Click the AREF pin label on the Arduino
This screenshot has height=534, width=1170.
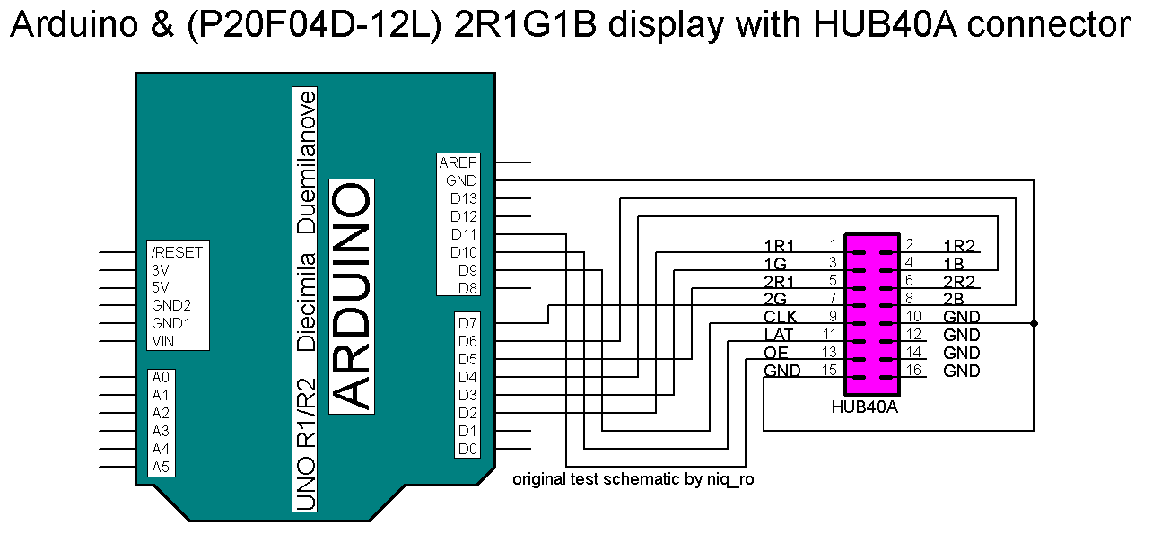458,162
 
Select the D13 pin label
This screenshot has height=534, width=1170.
463,198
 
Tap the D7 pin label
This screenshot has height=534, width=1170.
467,323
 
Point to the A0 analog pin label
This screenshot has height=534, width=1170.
161,377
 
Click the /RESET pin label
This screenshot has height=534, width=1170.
177,252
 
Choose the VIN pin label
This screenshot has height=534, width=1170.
162,341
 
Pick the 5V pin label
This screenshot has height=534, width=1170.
161,287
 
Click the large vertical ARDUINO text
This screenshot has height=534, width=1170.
352,296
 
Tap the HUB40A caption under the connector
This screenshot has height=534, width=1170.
864,407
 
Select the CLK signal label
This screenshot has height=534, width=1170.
781,317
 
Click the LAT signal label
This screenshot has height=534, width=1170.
778,335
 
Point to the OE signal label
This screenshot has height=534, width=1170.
775,353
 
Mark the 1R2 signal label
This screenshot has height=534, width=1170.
959,246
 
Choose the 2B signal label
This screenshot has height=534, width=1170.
953,299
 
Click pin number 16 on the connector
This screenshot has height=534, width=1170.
913,370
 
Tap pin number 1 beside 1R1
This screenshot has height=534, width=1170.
834,244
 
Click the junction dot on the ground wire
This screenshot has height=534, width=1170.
1034,323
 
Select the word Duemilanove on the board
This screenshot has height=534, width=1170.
306,162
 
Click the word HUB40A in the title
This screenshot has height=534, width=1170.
886,24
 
